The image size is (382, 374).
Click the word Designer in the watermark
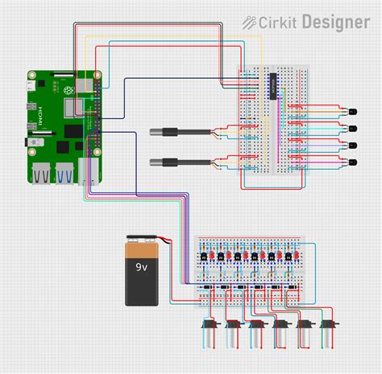point(335,22)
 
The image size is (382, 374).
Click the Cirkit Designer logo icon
point(251,22)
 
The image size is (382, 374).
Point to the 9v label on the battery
point(141,266)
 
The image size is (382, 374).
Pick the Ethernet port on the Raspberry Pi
point(89,172)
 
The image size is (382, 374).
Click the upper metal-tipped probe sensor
point(171,132)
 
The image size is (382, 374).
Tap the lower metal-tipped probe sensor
point(171,162)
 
